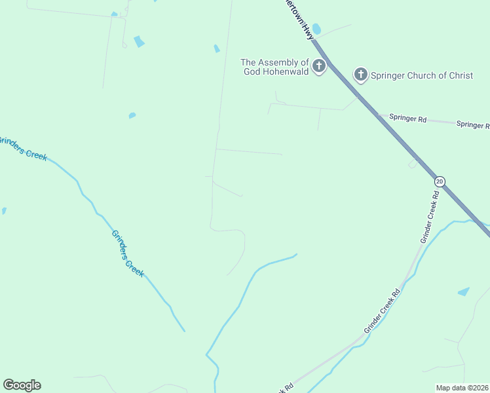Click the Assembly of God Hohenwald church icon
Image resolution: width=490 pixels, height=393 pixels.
coord(319,65)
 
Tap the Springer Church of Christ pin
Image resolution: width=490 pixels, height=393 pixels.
coord(360,75)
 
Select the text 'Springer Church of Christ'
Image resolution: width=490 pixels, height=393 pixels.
coord(422,75)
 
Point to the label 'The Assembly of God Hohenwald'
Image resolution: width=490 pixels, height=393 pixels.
coord(275,67)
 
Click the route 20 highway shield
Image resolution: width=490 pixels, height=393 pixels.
coord(440,181)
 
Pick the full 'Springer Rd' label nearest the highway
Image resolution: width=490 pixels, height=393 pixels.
coord(407,119)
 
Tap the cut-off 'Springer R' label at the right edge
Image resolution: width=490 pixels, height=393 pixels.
coord(472,124)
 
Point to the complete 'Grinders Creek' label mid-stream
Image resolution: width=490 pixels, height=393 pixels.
coord(127,253)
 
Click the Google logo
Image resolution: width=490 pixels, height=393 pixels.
coord(22,385)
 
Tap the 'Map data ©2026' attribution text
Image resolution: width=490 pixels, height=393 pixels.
coord(462,388)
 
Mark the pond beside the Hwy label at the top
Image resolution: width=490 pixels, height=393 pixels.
coord(317,29)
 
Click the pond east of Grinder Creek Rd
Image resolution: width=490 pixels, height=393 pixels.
coord(464,291)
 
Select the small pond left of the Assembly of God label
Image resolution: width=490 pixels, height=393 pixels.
coord(217,48)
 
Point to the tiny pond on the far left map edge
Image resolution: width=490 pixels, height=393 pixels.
coord(3,211)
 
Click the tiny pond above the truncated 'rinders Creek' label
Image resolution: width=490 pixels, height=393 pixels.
coord(132,116)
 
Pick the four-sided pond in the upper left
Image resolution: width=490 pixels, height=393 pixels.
coord(139,42)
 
